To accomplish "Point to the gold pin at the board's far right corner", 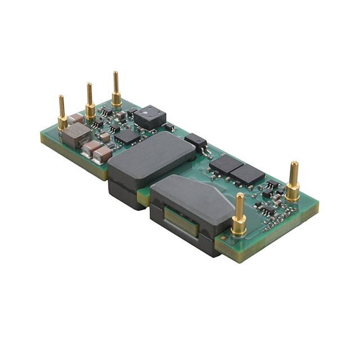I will (x=292, y=183).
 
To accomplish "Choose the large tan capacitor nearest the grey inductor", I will (x=89, y=148).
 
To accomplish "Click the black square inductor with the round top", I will (x=148, y=116).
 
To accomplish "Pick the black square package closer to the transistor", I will (x=226, y=164).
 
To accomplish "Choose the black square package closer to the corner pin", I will (x=247, y=174).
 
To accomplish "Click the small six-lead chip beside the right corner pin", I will (x=272, y=185).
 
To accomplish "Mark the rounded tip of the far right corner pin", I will (x=293, y=165).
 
